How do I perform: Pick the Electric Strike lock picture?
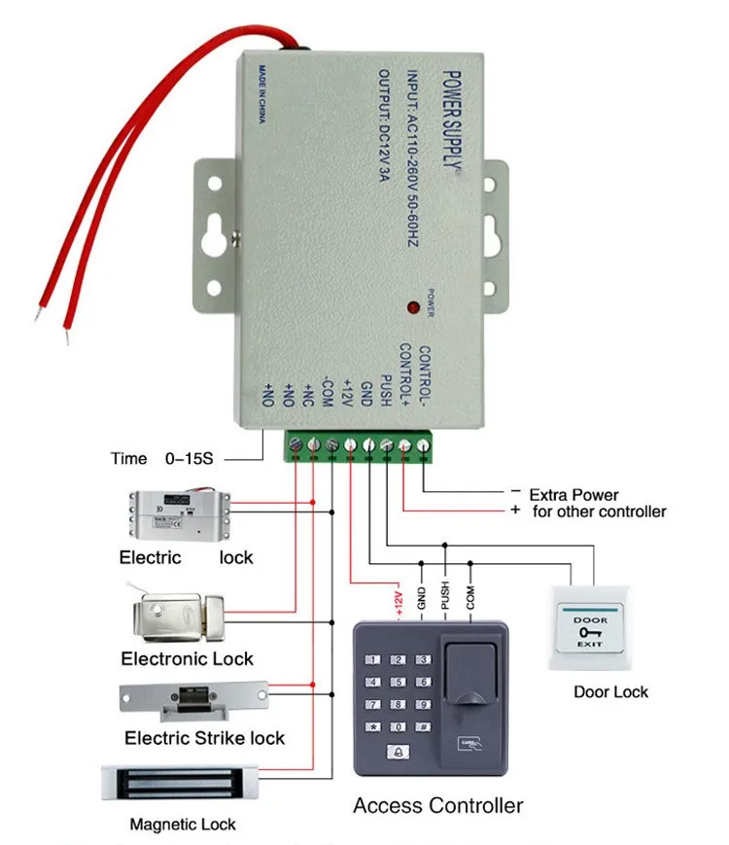[x=191, y=695]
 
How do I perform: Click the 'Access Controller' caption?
[x=437, y=805]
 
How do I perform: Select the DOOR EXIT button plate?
[x=589, y=628]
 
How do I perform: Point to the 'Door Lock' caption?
[x=609, y=692]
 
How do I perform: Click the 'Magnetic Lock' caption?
[x=183, y=825]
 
